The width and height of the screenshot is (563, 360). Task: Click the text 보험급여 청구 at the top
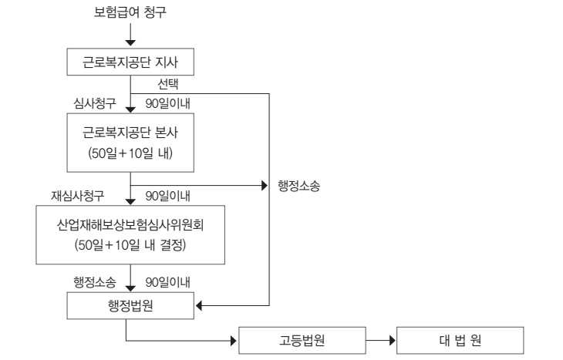click(130, 12)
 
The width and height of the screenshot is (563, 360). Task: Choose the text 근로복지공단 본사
click(130, 132)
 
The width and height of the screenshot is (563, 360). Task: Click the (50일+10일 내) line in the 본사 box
click(130, 152)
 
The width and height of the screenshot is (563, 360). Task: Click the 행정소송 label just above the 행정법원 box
click(88, 282)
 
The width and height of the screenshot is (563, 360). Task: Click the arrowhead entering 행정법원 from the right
click(200, 306)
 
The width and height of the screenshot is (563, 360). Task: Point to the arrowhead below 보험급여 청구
click(130, 40)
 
